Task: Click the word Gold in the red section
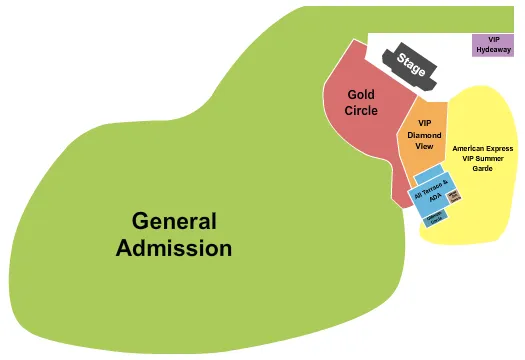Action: (x=361, y=95)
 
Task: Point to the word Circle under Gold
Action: (x=361, y=110)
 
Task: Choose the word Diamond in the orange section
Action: (x=424, y=134)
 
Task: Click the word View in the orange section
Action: (x=424, y=146)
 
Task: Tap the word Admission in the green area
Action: (x=174, y=247)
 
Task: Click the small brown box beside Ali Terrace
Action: (x=453, y=197)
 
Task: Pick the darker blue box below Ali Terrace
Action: (x=435, y=218)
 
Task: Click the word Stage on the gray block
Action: (x=410, y=65)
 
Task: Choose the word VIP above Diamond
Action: (x=424, y=123)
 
